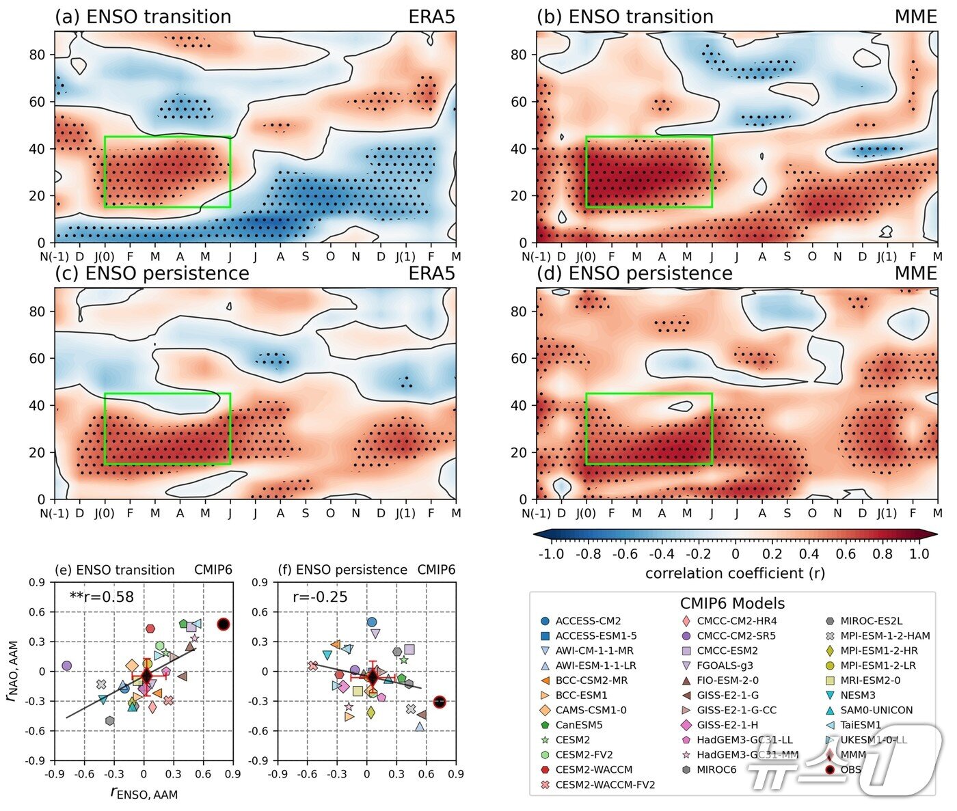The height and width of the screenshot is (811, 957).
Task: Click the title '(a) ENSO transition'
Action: (143, 17)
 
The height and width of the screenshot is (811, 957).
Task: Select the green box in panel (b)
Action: (649, 137)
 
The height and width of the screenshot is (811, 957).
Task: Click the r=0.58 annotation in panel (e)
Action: (102, 597)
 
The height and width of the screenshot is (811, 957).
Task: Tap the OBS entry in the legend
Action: (850, 770)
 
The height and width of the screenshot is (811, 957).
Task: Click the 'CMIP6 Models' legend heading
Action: (732, 603)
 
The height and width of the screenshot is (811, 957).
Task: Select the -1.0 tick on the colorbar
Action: (552, 554)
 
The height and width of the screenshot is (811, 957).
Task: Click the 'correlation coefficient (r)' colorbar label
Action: (735, 573)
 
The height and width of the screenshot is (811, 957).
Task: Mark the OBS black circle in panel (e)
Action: (223, 624)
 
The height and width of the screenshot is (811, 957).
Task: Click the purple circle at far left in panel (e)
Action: (66, 665)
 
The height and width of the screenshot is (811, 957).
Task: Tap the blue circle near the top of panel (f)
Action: (371, 622)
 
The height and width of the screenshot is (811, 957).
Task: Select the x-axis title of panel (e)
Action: (144, 793)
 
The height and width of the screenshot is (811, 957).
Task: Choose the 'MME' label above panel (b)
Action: (915, 17)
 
